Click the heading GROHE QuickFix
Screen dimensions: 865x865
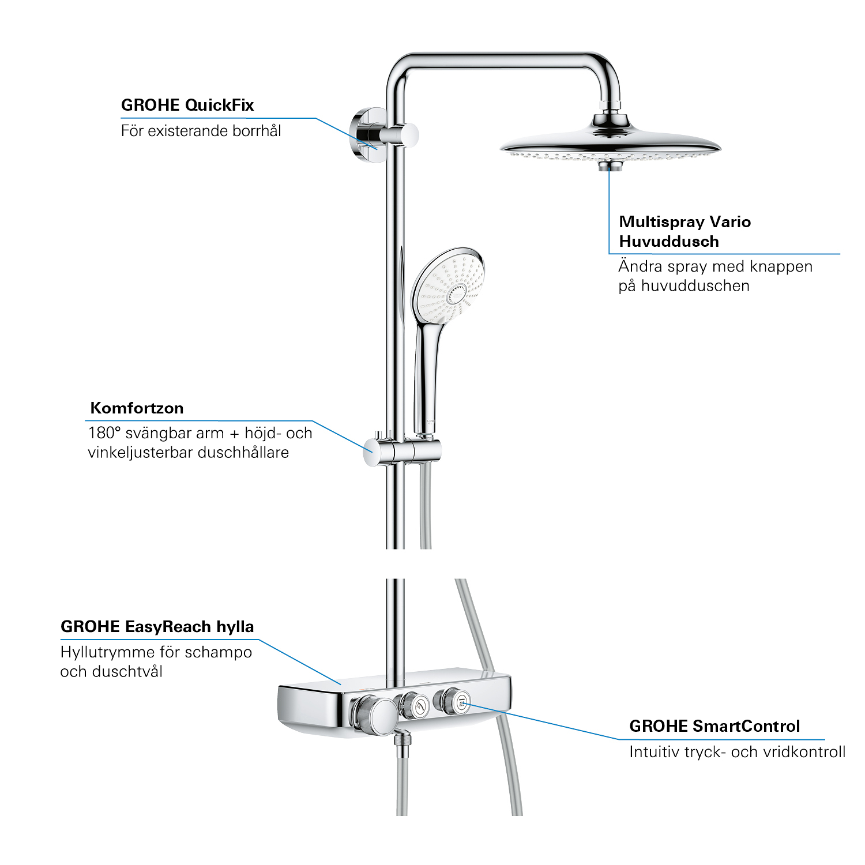click(187, 105)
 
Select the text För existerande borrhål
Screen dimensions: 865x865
click(201, 131)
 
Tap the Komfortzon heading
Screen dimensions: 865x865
click(137, 408)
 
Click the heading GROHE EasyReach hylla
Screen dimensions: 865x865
click(157, 627)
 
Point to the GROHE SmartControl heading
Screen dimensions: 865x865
click(714, 726)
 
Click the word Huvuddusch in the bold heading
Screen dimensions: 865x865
click(669, 242)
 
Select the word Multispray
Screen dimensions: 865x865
click(661, 222)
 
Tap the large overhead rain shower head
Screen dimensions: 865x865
click(611, 144)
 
